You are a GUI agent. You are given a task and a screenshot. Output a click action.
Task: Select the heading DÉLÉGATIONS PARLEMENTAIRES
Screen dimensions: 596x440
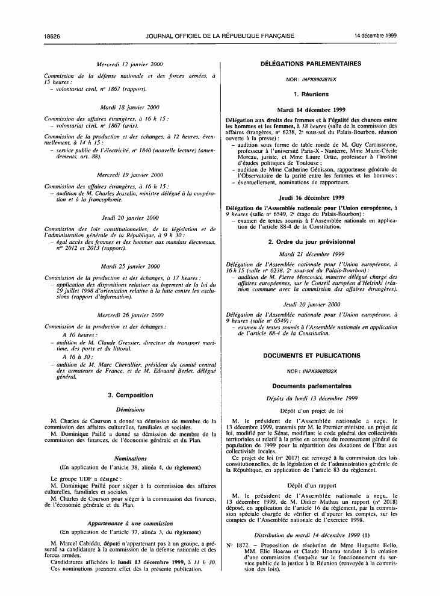pyautogui.click(x=311, y=63)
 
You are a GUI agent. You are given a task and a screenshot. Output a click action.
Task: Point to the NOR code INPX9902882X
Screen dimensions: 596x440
pyautogui.click(x=321, y=371)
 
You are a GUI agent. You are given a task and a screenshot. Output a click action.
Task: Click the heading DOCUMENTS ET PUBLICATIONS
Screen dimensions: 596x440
pyautogui.click(x=311, y=356)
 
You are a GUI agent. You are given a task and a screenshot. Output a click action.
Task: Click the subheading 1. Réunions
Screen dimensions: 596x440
pyautogui.click(x=311, y=95)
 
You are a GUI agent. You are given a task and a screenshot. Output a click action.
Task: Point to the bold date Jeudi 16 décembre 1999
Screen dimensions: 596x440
pyautogui.click(x=311, y=197)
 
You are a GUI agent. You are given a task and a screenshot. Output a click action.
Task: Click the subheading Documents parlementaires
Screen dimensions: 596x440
pyautogui.click(x=311, y=385)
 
